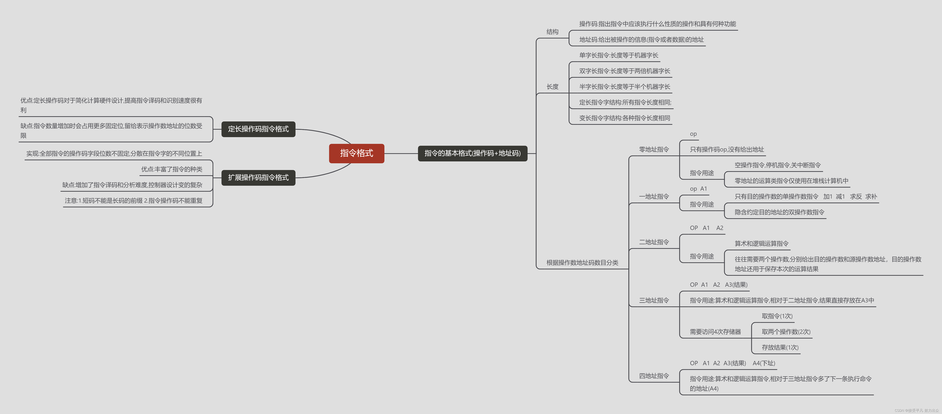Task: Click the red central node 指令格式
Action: pyautogui.click(x=357, y=153)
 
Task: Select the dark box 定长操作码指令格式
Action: pyautogui.click(x=258, y=129)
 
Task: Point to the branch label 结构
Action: pyautogui.click(x=552, y=32)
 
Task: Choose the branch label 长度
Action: pyautogui.click(x=552, y=87)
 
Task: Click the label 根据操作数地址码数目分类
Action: pyautogui.click(x=582, y=263)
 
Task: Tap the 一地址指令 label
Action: pyautogui.click(x=654, y=196)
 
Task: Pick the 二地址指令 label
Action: pyautogui.click(x=654, y=242)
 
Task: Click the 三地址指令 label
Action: pyautogui.click(x=654, y=300)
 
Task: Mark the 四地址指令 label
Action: pyautogui.click(x=654, y=376)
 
